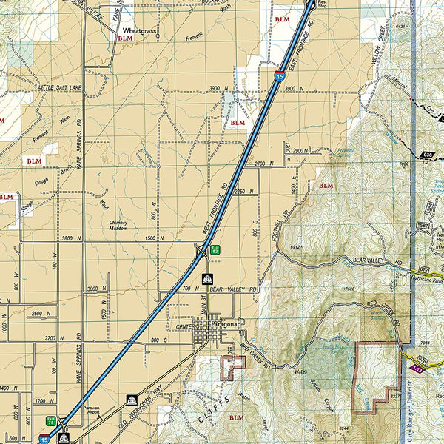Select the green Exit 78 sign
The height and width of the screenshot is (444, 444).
click(x=50, y=420)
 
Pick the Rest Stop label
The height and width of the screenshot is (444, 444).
click(x=322, y=4)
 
